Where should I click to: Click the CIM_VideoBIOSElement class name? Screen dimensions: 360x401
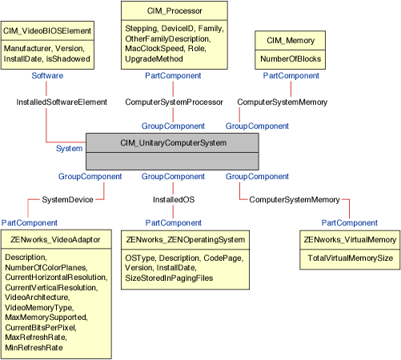tap(47, 30)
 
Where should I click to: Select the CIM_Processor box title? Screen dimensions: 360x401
tap(174, 10)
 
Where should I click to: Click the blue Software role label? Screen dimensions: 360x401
tap(47, 75)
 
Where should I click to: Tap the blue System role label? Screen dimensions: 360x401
tap(69, 148)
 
